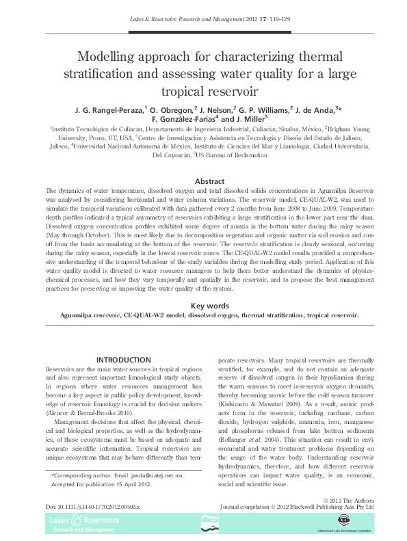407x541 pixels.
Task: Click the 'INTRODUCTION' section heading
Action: click(123, 360)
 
